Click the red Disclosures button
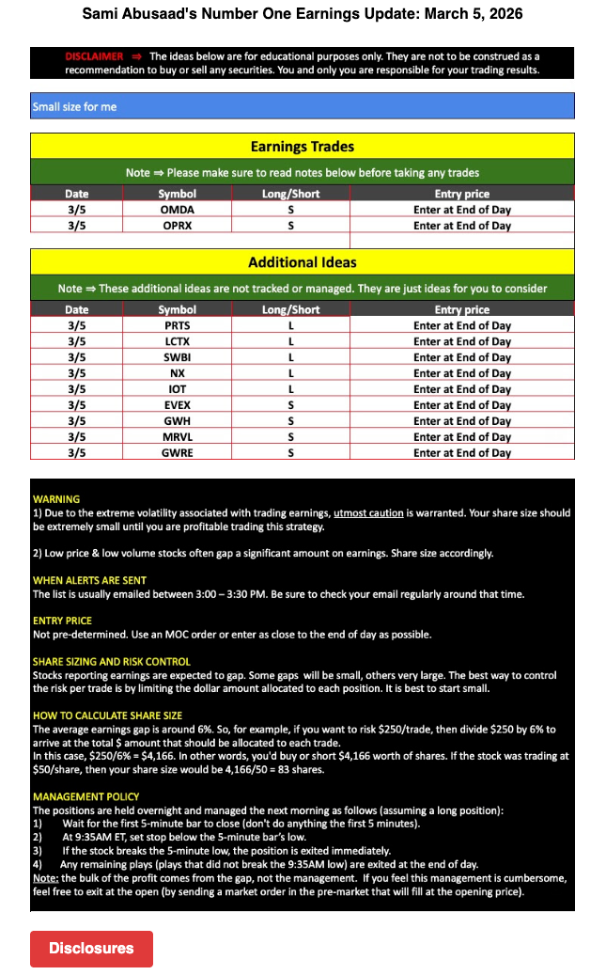click(91, 948)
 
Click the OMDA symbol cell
click(177, 210)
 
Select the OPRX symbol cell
click(177, 226)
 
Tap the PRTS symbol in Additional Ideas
click(177, 325)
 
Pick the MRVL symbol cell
click(177, 436)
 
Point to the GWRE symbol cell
click(177, 452)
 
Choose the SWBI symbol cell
click(177, 357)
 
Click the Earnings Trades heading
click(302, 147)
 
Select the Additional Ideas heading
click(302, 262)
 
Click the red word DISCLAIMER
click(94, 56)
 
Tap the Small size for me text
click(75, 106)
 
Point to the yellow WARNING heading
click(56, 499)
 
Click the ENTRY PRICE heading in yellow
click(62, 621)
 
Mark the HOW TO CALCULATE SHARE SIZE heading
click(107, 716)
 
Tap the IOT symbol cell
click(177, 389)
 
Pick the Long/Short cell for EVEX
click(290, 405)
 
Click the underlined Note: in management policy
click(46, 877)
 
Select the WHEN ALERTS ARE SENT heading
click(89, 580)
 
